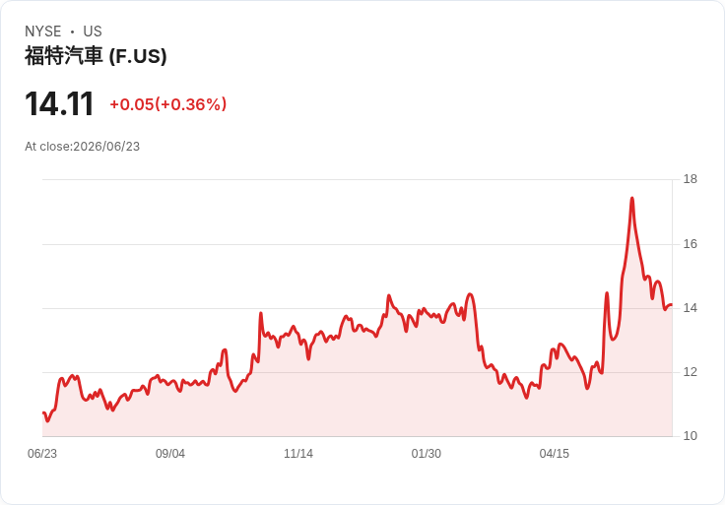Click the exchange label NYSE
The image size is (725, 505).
pyautogui.click(x=43, y=32)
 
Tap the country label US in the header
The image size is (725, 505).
pyautogui.click(x=93, y=32)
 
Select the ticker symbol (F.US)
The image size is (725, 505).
pyautogui.click(x=138, y=56)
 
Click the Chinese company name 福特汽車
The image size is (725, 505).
pyautogui.click(x=63, y=56)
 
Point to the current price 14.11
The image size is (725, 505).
pyautogui.click(x=59, y=103)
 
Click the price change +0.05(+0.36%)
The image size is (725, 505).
pyautogui.click(x=168, y=104)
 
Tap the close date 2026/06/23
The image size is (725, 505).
pyautogui.click(x=106, y=147)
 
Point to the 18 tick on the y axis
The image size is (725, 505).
pyautogui.click(x=691, y=179)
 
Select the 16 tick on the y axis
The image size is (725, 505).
pyautogui.click(x=691, y=243)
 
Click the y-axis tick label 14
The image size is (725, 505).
pyautogui.click(x=691, y=308)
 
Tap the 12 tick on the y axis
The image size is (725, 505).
pyautogui.click(x=691, y=372)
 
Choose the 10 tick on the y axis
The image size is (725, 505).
pyautogui.click(x=691, y=436)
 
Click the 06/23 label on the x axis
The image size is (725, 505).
pyautogui.click(x=42, y=453)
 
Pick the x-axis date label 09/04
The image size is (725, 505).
pyautogui.click(x=170, y=453)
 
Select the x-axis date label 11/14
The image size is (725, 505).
pyautogui.click(x=298, y=453)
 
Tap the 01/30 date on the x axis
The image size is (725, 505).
pyautogui.click(x=426, y=453)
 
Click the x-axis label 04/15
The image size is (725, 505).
pyautogui.click(x=554, y=453)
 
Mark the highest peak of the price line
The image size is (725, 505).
pyautogui.click(x=632, y=198)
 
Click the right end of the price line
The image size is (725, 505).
pyautogui.click(x=672, y=304)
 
